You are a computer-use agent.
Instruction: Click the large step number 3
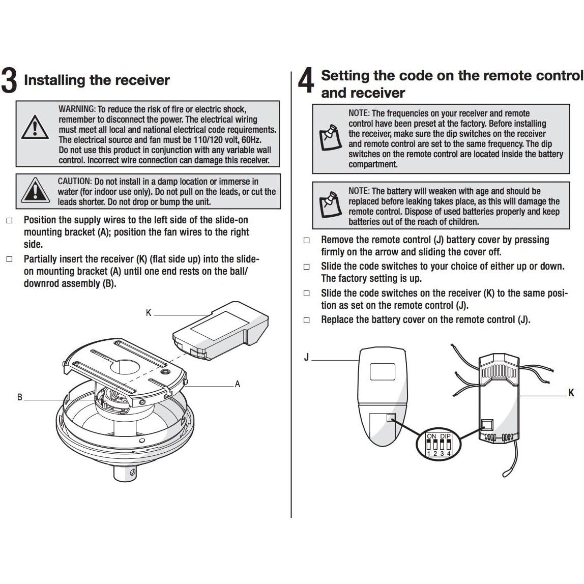coord(9,81)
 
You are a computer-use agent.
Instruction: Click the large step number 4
coord(306,81)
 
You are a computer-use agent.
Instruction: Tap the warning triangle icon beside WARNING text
coord(34,127)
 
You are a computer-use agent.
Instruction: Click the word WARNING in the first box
coord(77,109)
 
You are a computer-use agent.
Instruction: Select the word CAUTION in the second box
coord(74,182)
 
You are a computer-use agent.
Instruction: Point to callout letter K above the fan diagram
coord(149,313)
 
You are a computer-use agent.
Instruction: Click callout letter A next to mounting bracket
coord(237,384)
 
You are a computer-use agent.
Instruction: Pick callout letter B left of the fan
coord(20,397)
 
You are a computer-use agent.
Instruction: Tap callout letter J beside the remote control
coord(306,358)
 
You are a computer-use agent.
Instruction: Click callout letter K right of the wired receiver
coord(571,393)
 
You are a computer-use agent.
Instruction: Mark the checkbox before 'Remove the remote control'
coord(306,240)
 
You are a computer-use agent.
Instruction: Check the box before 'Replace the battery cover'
coord(306,320)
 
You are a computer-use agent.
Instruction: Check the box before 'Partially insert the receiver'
coord(9,259)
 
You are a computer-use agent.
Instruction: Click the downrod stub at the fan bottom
coord(125,473)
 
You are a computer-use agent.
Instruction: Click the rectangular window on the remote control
coord(383,371)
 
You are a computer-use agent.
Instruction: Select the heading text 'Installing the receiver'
coord(97,80)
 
